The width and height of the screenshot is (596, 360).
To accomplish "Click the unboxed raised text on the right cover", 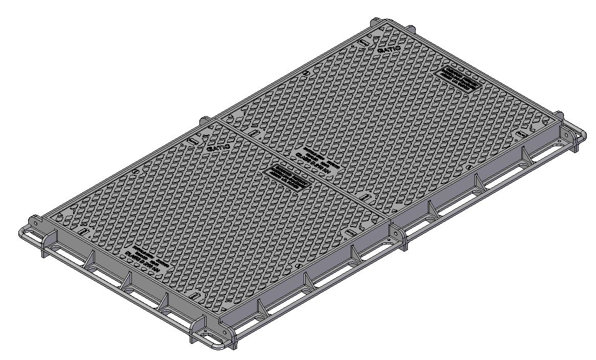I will [317, 159].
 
